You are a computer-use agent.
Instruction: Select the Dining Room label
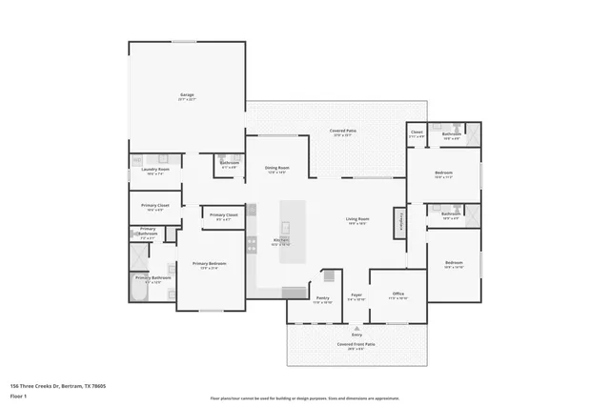click(x=277, y=170)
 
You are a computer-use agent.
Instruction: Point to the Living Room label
click(x=357, y=221)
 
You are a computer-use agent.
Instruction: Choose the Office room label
click(x=397, y=295)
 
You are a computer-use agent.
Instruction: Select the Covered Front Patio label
click(x=356, y=346)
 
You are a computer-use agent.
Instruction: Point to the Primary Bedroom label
click(x=210, y=266)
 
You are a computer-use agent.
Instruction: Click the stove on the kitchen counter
click(x=252, y=245)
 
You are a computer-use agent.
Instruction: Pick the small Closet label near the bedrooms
click(x=417, y=133)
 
